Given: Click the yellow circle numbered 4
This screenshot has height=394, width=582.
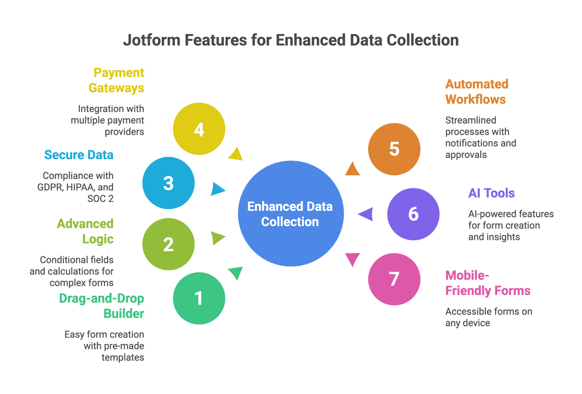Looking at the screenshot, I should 199,129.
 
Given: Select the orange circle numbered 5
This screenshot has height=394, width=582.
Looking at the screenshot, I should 394,149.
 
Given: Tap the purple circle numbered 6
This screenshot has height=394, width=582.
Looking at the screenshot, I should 413,214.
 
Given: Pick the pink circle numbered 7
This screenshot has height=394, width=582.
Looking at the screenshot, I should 394,279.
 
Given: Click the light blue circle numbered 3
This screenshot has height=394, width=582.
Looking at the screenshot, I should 168,183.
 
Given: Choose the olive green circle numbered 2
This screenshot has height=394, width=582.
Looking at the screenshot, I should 168,244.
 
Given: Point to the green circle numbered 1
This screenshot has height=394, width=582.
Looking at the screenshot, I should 199,298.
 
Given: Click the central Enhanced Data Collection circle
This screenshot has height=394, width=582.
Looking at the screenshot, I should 290,214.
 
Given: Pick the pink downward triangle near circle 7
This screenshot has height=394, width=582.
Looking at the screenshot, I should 352,259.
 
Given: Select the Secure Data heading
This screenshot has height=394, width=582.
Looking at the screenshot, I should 79,155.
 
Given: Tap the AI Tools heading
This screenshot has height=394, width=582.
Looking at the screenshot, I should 491,193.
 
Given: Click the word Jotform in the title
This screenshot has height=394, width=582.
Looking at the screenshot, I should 151,40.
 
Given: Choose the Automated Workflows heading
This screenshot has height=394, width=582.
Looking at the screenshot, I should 477,92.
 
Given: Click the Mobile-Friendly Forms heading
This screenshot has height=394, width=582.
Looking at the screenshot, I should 487,283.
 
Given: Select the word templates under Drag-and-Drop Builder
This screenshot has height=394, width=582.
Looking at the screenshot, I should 123,357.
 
